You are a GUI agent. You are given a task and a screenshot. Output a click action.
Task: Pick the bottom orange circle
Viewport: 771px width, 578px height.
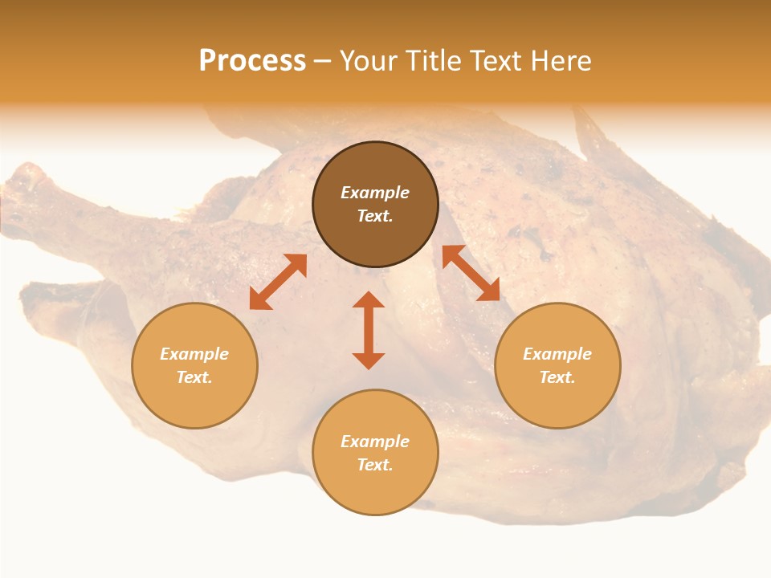(375, 490)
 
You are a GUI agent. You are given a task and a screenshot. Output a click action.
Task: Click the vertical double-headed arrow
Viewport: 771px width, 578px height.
(369, 330)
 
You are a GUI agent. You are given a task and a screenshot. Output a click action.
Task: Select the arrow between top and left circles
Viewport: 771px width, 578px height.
(278, 282)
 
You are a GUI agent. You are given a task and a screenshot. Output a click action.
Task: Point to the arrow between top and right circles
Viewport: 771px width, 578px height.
(471, 273)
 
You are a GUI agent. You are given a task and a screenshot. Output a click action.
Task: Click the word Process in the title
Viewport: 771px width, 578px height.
(252, 60)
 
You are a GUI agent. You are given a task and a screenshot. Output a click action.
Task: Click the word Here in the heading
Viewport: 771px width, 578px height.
(561, 60)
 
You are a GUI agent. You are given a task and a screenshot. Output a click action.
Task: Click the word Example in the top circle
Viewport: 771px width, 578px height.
(375, 193)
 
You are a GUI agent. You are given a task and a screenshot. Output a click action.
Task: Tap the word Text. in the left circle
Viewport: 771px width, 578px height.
(194, 377)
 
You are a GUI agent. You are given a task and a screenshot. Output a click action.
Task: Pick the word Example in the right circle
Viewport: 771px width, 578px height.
(557, 354)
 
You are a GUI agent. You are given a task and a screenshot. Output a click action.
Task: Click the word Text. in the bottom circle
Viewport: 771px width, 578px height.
(375, 465)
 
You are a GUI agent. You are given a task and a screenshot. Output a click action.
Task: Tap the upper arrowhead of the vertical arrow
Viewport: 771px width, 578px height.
(369, 299)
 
